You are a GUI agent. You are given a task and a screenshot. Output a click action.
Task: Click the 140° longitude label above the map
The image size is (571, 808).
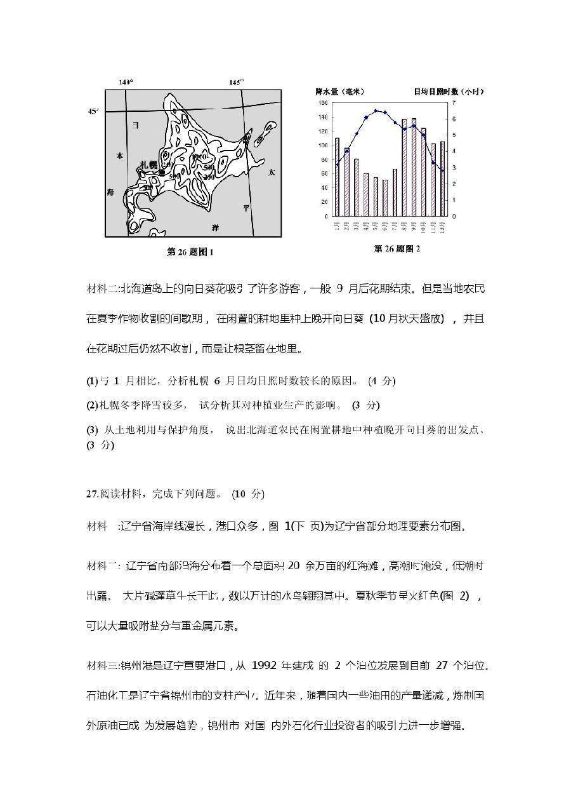pyautogui.click(x=126, y=83)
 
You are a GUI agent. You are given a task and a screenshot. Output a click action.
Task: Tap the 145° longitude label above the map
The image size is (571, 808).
pyautogui.click(x=236, y=83)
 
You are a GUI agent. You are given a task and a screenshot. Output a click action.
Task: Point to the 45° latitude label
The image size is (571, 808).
pyautogui.click(x=93, y=111)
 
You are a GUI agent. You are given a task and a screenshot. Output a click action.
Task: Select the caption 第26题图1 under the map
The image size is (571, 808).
pyautogui.click(x=190, y=252)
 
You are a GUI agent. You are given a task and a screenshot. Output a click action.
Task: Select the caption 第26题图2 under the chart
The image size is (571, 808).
pyautogui.click(x=397, y=248)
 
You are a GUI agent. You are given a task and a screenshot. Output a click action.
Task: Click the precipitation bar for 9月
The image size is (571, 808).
pyautogui.click(x=414, y=167)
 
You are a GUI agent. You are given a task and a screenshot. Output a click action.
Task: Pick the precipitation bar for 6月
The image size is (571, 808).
pyautogui.click(x=385, y=198)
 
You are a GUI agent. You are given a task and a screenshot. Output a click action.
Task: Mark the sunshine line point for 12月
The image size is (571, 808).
pyautogui.click(x=442, y=171)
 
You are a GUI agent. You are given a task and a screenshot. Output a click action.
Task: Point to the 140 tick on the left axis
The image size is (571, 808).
pyautogui.click(x=323, y=117)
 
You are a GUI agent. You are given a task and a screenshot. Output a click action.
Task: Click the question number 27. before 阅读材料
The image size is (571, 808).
pyautogui.click(x=92, y=494)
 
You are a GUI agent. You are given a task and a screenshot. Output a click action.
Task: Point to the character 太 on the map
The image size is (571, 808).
pyautogui.click(x=272, y=172)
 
